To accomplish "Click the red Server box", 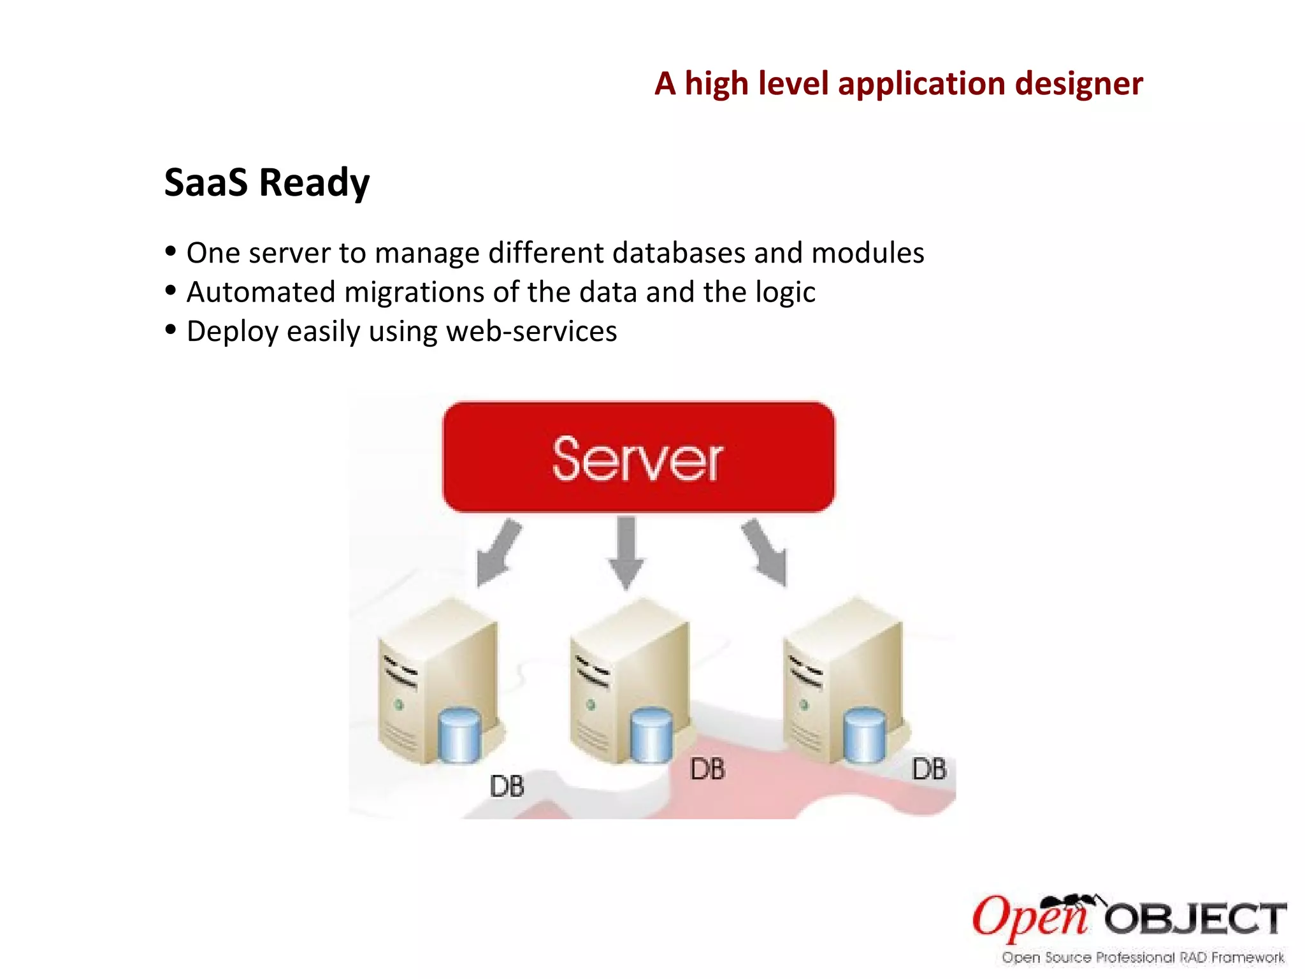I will (x=638, y=457).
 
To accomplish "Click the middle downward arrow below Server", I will (x=626, y=552).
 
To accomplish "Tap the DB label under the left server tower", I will (x=507, y=786).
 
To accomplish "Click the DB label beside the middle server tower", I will (x=707, y=769).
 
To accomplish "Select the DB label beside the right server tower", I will (x=929, y=769).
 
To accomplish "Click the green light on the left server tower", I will (x=400, y=704).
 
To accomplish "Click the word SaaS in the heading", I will (x=206, y=182).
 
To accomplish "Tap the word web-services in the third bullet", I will (x=531, y=331).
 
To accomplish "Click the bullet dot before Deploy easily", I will (x=170, y=330).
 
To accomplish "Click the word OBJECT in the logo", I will (x=1195, y=918).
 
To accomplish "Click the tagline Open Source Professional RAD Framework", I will (x=1143, y=957).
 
